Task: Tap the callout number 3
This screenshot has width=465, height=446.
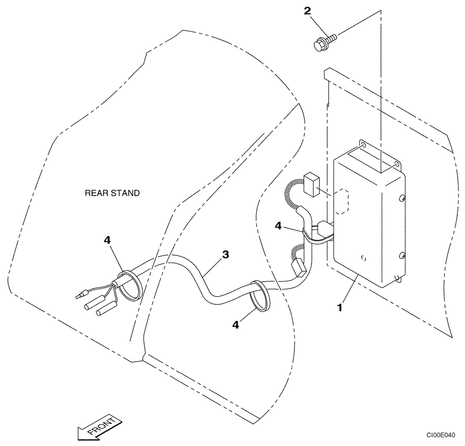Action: (225, 254)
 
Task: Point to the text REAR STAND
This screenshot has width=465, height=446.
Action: (112, 193)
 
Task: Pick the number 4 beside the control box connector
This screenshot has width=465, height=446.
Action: (278, 225)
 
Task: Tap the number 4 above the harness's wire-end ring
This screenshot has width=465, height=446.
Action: (107, 240)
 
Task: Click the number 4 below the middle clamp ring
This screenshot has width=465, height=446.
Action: (236, 325)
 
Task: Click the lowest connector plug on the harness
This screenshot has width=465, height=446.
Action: (297, 269)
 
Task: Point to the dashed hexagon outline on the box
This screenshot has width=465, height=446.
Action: (343, 201)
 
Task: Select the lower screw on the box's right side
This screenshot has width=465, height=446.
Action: (401, 256)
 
